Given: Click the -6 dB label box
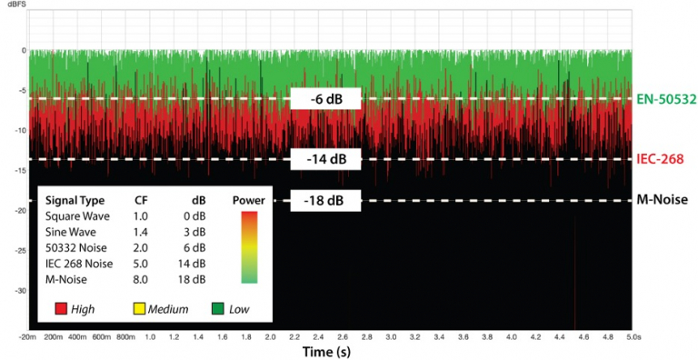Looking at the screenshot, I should (325, 99).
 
